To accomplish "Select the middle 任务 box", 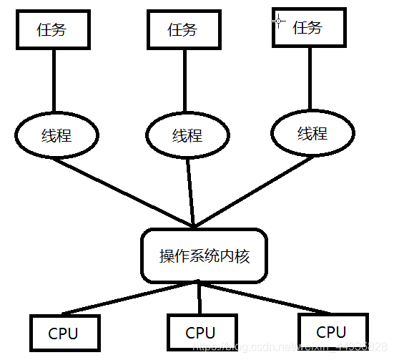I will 182,31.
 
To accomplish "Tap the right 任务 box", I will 308,28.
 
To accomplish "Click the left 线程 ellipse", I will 55,135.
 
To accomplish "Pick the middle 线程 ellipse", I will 187,135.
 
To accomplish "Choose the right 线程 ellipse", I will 312,133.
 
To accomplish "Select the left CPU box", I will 63,334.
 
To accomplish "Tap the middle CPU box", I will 200,333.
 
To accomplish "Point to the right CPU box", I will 331,332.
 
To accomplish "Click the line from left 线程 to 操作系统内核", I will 122,191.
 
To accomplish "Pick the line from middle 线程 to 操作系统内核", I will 190,192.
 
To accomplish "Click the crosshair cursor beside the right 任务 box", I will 279,21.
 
